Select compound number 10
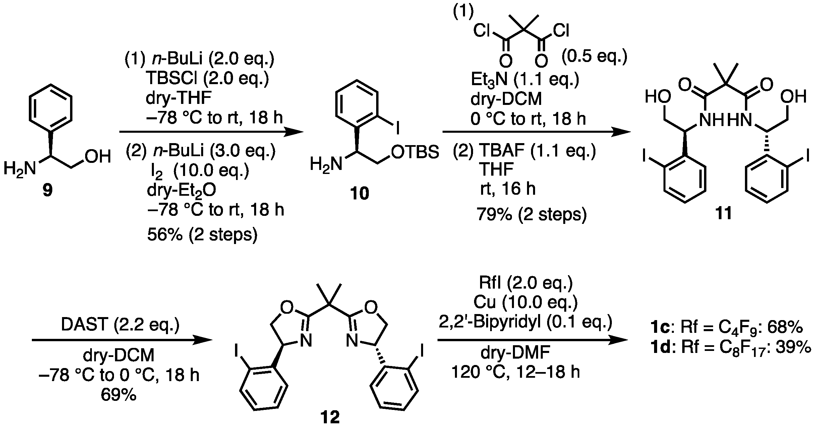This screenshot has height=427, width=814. [x=359, y=193]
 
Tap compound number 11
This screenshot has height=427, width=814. [x=723, y=213]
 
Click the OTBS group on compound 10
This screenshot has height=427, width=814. [x=415, y=152]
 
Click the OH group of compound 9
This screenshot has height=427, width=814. [x=98, y=157]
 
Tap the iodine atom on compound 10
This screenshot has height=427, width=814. [x=398, y=129]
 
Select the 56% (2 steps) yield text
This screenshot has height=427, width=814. [x=202, y=235]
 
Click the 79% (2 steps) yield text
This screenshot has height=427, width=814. [x=532, y=215]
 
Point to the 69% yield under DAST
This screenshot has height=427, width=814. [x=119, y=395]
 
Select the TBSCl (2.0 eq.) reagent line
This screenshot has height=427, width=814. [x=207, y=80]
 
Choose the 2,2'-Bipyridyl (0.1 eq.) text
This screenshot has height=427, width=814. [x=525, y=323]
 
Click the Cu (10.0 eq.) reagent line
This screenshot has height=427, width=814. [x=525, y=303]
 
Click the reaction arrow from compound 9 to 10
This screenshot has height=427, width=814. [x=211, y=132]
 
